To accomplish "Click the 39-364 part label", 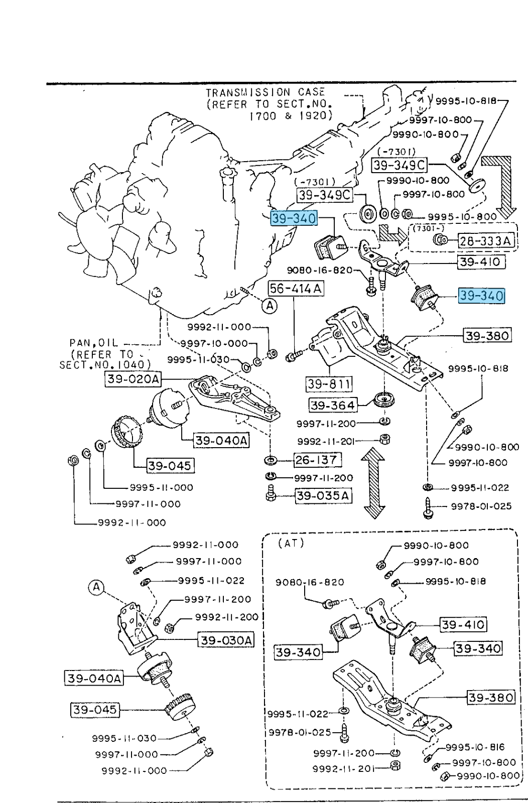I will (332, 405).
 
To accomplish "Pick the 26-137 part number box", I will (316, 459).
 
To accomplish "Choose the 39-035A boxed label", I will (323, 496).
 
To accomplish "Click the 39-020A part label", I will (133, 379).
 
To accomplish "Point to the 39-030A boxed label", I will (226, 640).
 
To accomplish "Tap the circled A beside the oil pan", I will (270, 305).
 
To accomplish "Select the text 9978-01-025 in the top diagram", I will (481, 506).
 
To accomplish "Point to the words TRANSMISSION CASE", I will (266, 92).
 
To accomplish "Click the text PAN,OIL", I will (93, 343).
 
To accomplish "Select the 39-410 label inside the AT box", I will (463, 625).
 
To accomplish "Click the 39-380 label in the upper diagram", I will (486, 335).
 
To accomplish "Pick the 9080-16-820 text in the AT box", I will (310, 582).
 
